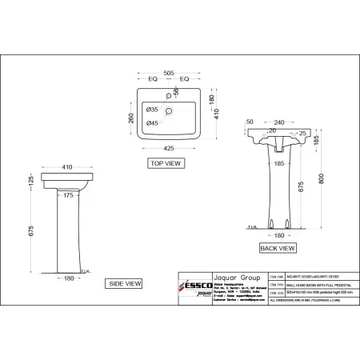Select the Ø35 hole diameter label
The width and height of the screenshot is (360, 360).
tap(153, 106)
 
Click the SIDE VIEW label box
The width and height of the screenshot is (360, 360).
tap(125, 283)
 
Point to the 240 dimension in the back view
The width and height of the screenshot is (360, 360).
tap(279, 122)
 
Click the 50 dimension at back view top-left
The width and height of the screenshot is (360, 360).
tap(250, 122)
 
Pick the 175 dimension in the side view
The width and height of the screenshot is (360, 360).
tap(70, 194)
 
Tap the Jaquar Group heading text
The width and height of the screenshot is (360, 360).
tap(231, 272)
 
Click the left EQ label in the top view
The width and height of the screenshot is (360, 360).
tap(154, 79)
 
